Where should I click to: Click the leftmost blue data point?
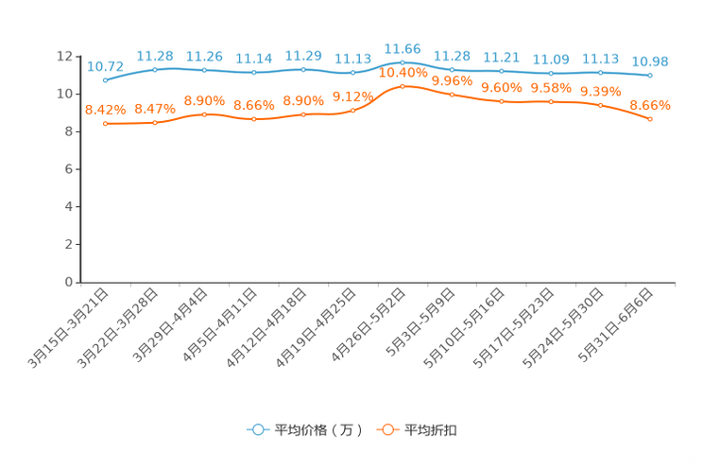pos(105,79)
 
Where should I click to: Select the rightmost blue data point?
pos(650,75)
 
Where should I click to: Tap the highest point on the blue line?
pos(403,62)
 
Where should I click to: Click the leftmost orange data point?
pos(105,124)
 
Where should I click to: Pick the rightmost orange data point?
pos(650,119)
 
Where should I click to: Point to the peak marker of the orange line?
pos(403,86)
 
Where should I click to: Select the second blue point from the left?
pos(155,69)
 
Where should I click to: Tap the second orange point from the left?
pos(155,123)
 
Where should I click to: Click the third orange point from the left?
pos(204,114)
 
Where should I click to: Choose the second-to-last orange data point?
pos(601,104)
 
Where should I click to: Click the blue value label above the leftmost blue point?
pos(105,65)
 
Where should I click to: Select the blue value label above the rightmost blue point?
pos(650,61)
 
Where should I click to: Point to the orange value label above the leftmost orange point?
pos(105,109)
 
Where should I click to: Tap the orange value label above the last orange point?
pos(650,104)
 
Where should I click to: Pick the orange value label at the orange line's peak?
pos(403,72)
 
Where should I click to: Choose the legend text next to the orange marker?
pos(431,430)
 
